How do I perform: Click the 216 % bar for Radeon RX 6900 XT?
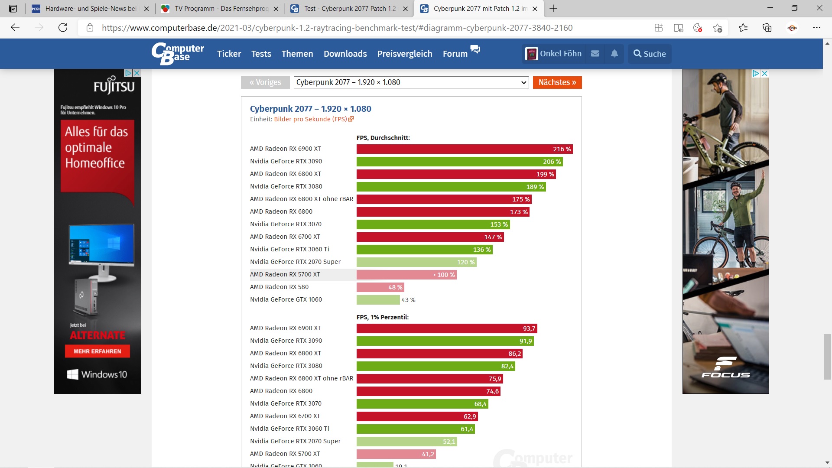coord(464,149)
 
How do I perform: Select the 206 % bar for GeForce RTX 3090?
coord(459,162)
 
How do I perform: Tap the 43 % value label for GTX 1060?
coord(408,300)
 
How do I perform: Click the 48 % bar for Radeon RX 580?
coord(380,287)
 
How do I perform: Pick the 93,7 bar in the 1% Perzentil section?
coord(446,328)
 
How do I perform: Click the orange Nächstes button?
coord(557,82)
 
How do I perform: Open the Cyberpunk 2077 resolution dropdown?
coord(411,82)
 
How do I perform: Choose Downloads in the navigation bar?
coord(345,54)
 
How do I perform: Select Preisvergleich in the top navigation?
coord(404,54)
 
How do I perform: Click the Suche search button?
coord(649,54)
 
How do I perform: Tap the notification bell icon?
coord(614,54)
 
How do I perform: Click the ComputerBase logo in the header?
coord(178,54)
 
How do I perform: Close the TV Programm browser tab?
coord(276,9)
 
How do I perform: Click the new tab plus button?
coord(553,9)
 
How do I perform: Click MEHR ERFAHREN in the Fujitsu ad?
coord(97,351)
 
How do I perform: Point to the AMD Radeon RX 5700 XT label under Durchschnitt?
coord(285,274)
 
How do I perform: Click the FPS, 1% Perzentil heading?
coord(382,317)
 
